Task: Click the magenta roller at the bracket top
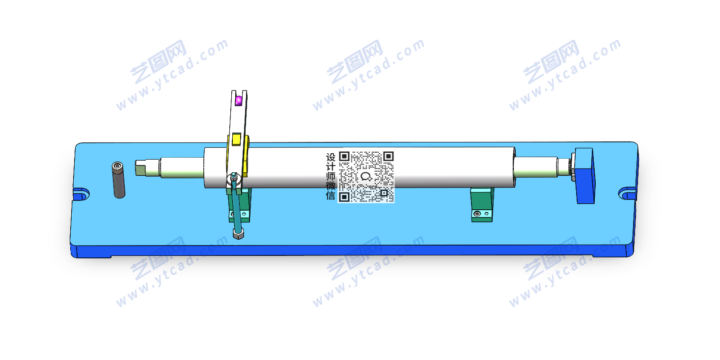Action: [238, 101]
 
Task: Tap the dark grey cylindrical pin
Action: [118, 180]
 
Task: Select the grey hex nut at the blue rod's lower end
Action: [238, 234]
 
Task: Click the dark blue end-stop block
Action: [584, 175]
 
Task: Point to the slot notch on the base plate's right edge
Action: [627, 193]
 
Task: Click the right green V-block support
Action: [482, 205]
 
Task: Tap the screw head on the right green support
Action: [478, 214]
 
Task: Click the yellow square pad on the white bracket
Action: [236, 139]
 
